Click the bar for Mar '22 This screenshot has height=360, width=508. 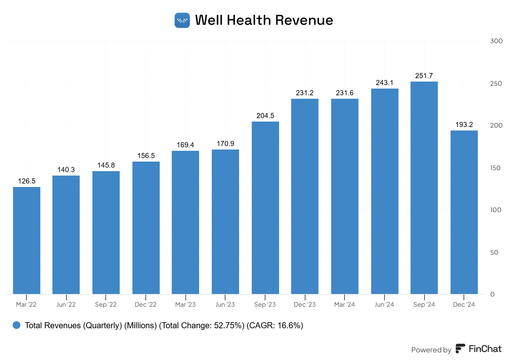pyautogui.click(x=27, y=240)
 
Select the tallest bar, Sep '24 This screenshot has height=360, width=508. pyautogui.click(x=424, y=188)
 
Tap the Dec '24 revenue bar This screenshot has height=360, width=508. pyautogui.click(x=464, y=212)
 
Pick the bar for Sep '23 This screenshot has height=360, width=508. pyautogui.click(x=265, y=208)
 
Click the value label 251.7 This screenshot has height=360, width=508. pyautogui.click(x=424, y=76)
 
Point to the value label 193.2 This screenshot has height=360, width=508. pyautogui.click(x=464, y=125)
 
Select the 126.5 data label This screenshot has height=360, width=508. pyautogui.click(x=27, y=181)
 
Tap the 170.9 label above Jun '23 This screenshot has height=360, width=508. pyautogui.click(x=225, y=144)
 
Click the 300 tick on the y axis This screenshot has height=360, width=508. pyautogui.click(x=496, y=41)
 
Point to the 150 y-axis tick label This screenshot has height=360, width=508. pyautogui.click(x=495, y=168)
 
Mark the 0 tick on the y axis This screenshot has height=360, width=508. pyautogui.click(x=492, y=294)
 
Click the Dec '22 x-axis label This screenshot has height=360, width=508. pyautogui.click(x=146, y=305)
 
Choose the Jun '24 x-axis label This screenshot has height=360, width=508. pyautogui.click(x=384, y=305)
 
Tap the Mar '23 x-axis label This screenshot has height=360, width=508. pyautogui.click(x=185, y=305)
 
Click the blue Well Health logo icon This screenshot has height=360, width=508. pyautogui.click(x=182, y=20)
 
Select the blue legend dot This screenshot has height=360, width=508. pyautogui.click(x=17, y=325)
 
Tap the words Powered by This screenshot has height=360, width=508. pyautogui.click(x=431, y=350)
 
